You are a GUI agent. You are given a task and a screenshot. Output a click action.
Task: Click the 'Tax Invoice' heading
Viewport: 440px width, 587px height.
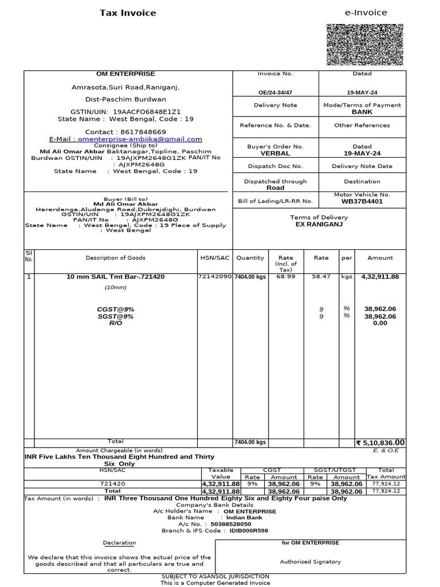click(x=128, y=13)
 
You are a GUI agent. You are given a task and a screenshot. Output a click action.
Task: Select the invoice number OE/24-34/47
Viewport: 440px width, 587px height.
click(x=275, y=92)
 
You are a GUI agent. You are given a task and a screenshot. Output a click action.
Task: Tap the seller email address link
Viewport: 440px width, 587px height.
click(x=140, y=139)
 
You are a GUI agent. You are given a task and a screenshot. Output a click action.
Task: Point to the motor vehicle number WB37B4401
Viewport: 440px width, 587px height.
click(x=362, y=202)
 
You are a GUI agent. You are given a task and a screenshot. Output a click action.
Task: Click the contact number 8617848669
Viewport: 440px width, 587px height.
click(x=142, y=132)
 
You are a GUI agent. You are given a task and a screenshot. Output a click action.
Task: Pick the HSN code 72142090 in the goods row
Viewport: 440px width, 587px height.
click(x=215, y=276)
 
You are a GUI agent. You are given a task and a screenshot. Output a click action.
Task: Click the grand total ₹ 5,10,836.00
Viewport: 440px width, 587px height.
click(x=380, y=443)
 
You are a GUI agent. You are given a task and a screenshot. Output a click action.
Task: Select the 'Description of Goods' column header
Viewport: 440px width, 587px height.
click(x=116, y=258)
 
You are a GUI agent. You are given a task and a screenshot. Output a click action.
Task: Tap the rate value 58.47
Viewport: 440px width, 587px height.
click(x=321, y=276)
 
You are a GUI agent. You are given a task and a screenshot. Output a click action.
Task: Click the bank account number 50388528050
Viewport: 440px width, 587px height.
click(x=231, y=524)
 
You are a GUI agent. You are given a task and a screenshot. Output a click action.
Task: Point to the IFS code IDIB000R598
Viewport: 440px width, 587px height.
click(x=249, y=531)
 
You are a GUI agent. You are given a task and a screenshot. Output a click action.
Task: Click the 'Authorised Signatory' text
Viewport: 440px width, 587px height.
click(x=310, y=562)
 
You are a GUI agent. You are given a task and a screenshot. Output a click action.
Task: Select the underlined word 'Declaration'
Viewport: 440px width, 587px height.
click(x=119, y=543)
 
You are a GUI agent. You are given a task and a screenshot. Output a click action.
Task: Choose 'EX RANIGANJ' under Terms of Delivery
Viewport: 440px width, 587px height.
click(x=319, y=225)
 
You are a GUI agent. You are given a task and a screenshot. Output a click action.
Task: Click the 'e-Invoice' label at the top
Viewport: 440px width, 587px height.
click(x=366, y=13)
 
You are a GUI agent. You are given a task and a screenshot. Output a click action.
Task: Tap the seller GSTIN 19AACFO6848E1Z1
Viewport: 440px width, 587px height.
click(x=147, y=112)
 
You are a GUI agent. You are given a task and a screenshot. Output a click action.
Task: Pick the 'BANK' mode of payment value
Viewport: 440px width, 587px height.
click(x=362, y=112)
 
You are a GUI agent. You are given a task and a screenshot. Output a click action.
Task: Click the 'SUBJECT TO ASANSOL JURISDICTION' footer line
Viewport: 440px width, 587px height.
click(x=215, y=576)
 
